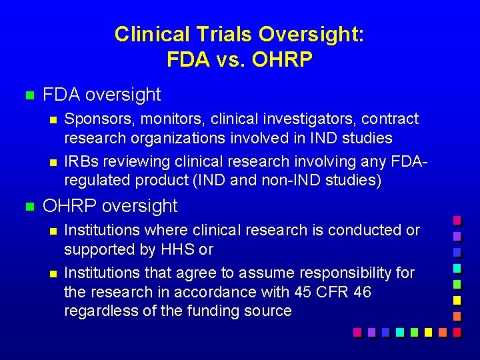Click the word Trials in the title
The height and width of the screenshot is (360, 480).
tap(220, 34)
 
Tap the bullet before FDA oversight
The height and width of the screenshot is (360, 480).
tap(28, 95)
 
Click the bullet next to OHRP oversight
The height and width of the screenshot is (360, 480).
tap(28, 206)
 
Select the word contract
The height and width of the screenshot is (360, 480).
tap(390, 119)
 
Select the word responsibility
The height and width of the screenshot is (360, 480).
tap(333, 273)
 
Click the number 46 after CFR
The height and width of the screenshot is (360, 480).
tap(362, 292)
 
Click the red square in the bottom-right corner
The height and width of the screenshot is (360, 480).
tap(457, 331)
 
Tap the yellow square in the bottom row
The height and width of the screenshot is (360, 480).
tap(428, 331)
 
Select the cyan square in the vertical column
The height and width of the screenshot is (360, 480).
tap(457, 268)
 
